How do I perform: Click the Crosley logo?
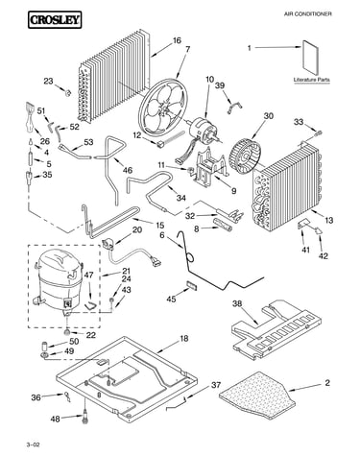click(55, 20)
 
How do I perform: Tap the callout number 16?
click(177, 40)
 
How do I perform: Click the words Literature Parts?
click(312, 80)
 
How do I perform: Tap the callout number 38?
click(237, 303)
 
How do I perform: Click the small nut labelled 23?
click(67, 93)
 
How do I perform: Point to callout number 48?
click(56, 419)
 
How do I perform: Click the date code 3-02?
click(34, 444)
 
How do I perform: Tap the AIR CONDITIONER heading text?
click(308, 14)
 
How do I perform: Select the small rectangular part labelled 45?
click(191, 285)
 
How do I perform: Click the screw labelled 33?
click(319, 132)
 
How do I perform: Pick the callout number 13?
click(328, 221)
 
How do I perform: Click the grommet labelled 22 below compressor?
click(67, 331)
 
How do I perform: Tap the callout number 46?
click(128, 170)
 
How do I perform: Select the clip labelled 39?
click(234, 107)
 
